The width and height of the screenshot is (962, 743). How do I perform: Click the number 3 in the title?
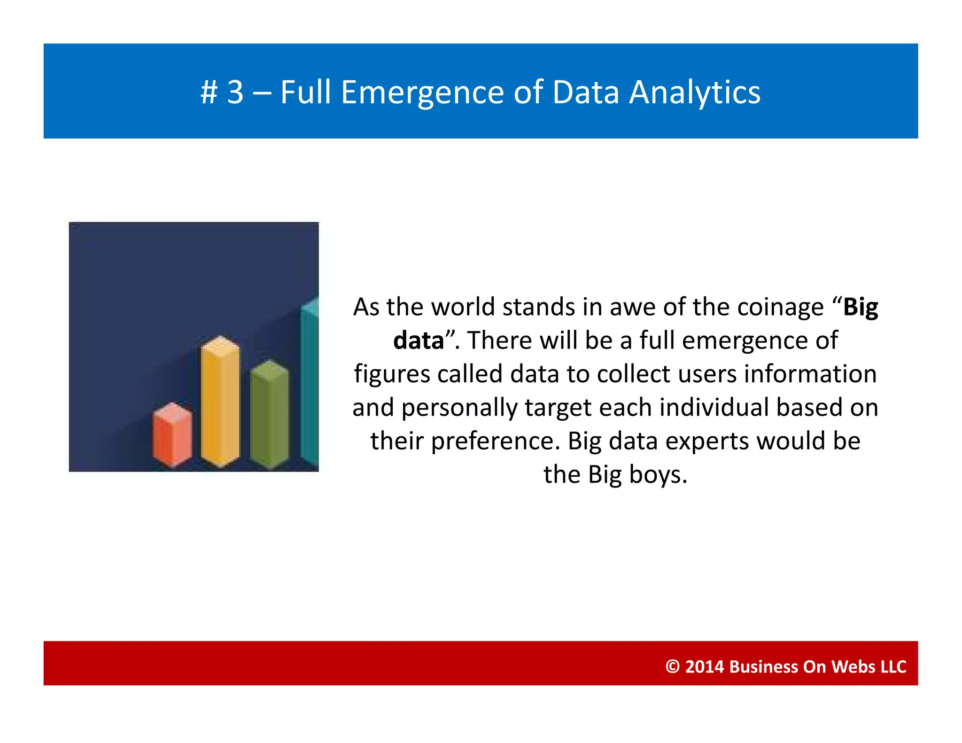point(236,92)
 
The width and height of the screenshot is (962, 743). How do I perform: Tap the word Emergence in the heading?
point(422,92)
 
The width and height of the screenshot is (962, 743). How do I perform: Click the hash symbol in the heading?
point(209,92)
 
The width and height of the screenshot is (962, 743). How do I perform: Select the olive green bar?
point(269,416)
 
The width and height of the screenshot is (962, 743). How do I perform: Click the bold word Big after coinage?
point(861,307)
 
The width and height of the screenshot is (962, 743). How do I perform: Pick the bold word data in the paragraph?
point(419,341)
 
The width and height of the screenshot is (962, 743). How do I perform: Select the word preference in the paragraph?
point(495,441)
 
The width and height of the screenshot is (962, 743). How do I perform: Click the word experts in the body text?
point(704,441)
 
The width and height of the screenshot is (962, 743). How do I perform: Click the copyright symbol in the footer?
point(673,666)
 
